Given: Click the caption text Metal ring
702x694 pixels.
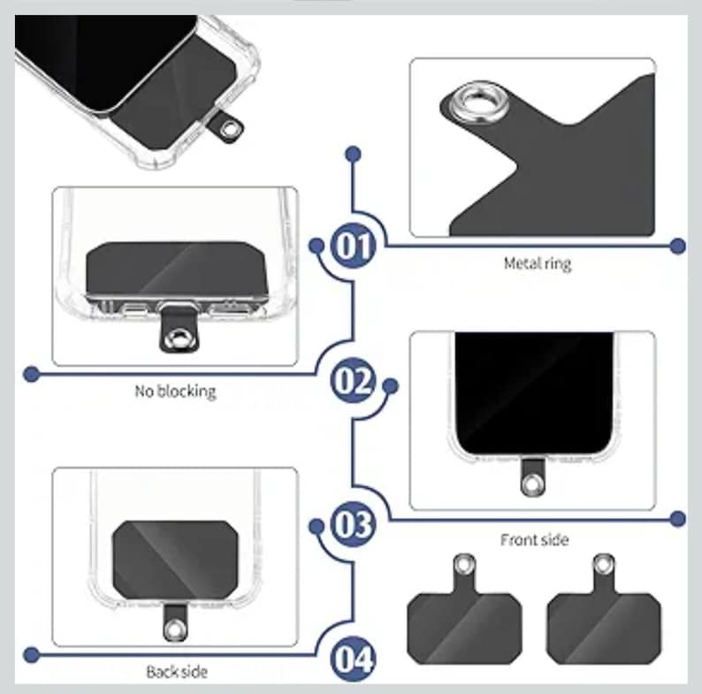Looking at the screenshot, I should (x=537, y=263).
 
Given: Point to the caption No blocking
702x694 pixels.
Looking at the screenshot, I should (x=175, y=390).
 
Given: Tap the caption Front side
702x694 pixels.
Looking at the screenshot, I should (x=534, y=539).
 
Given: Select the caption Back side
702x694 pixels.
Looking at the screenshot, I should (x=176, y=672).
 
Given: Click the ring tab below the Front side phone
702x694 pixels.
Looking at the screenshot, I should (x=531, y=483).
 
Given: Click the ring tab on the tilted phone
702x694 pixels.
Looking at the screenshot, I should (x=232, y=130).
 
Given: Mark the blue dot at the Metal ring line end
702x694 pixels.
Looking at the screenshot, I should (x=678, y=246).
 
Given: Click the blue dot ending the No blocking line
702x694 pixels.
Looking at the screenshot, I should (x=31, y=374).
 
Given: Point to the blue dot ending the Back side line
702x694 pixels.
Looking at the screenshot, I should (x=31, y=655).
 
